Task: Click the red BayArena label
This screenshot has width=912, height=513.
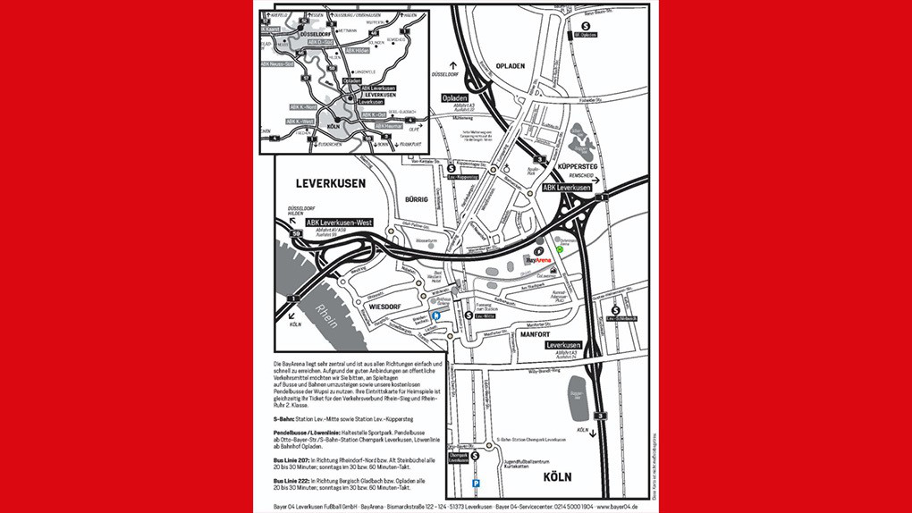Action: point(539,260)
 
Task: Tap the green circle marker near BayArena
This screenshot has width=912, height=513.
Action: point(561,251)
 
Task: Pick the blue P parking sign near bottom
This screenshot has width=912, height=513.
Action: point(476,484)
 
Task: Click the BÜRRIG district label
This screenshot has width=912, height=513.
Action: point(418,200)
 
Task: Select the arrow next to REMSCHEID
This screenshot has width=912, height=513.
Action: point(608,179)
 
